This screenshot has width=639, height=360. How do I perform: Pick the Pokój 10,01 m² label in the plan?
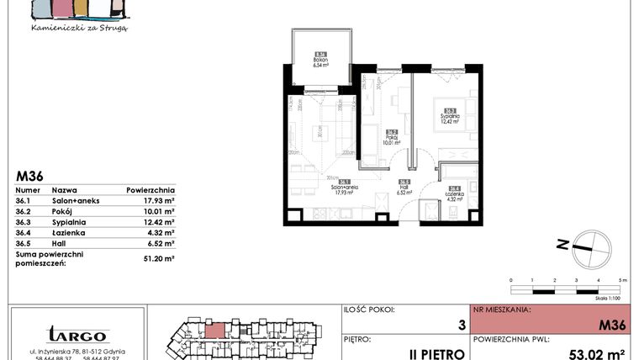pos(392,137)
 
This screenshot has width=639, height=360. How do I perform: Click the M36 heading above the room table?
pos(29,176)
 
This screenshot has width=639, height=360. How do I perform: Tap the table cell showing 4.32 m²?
pos(159,232)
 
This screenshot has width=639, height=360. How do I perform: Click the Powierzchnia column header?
pos(151,190)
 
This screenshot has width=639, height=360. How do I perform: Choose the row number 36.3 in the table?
pos(24,222)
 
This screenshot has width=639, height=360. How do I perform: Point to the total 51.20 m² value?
pos(158,260)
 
